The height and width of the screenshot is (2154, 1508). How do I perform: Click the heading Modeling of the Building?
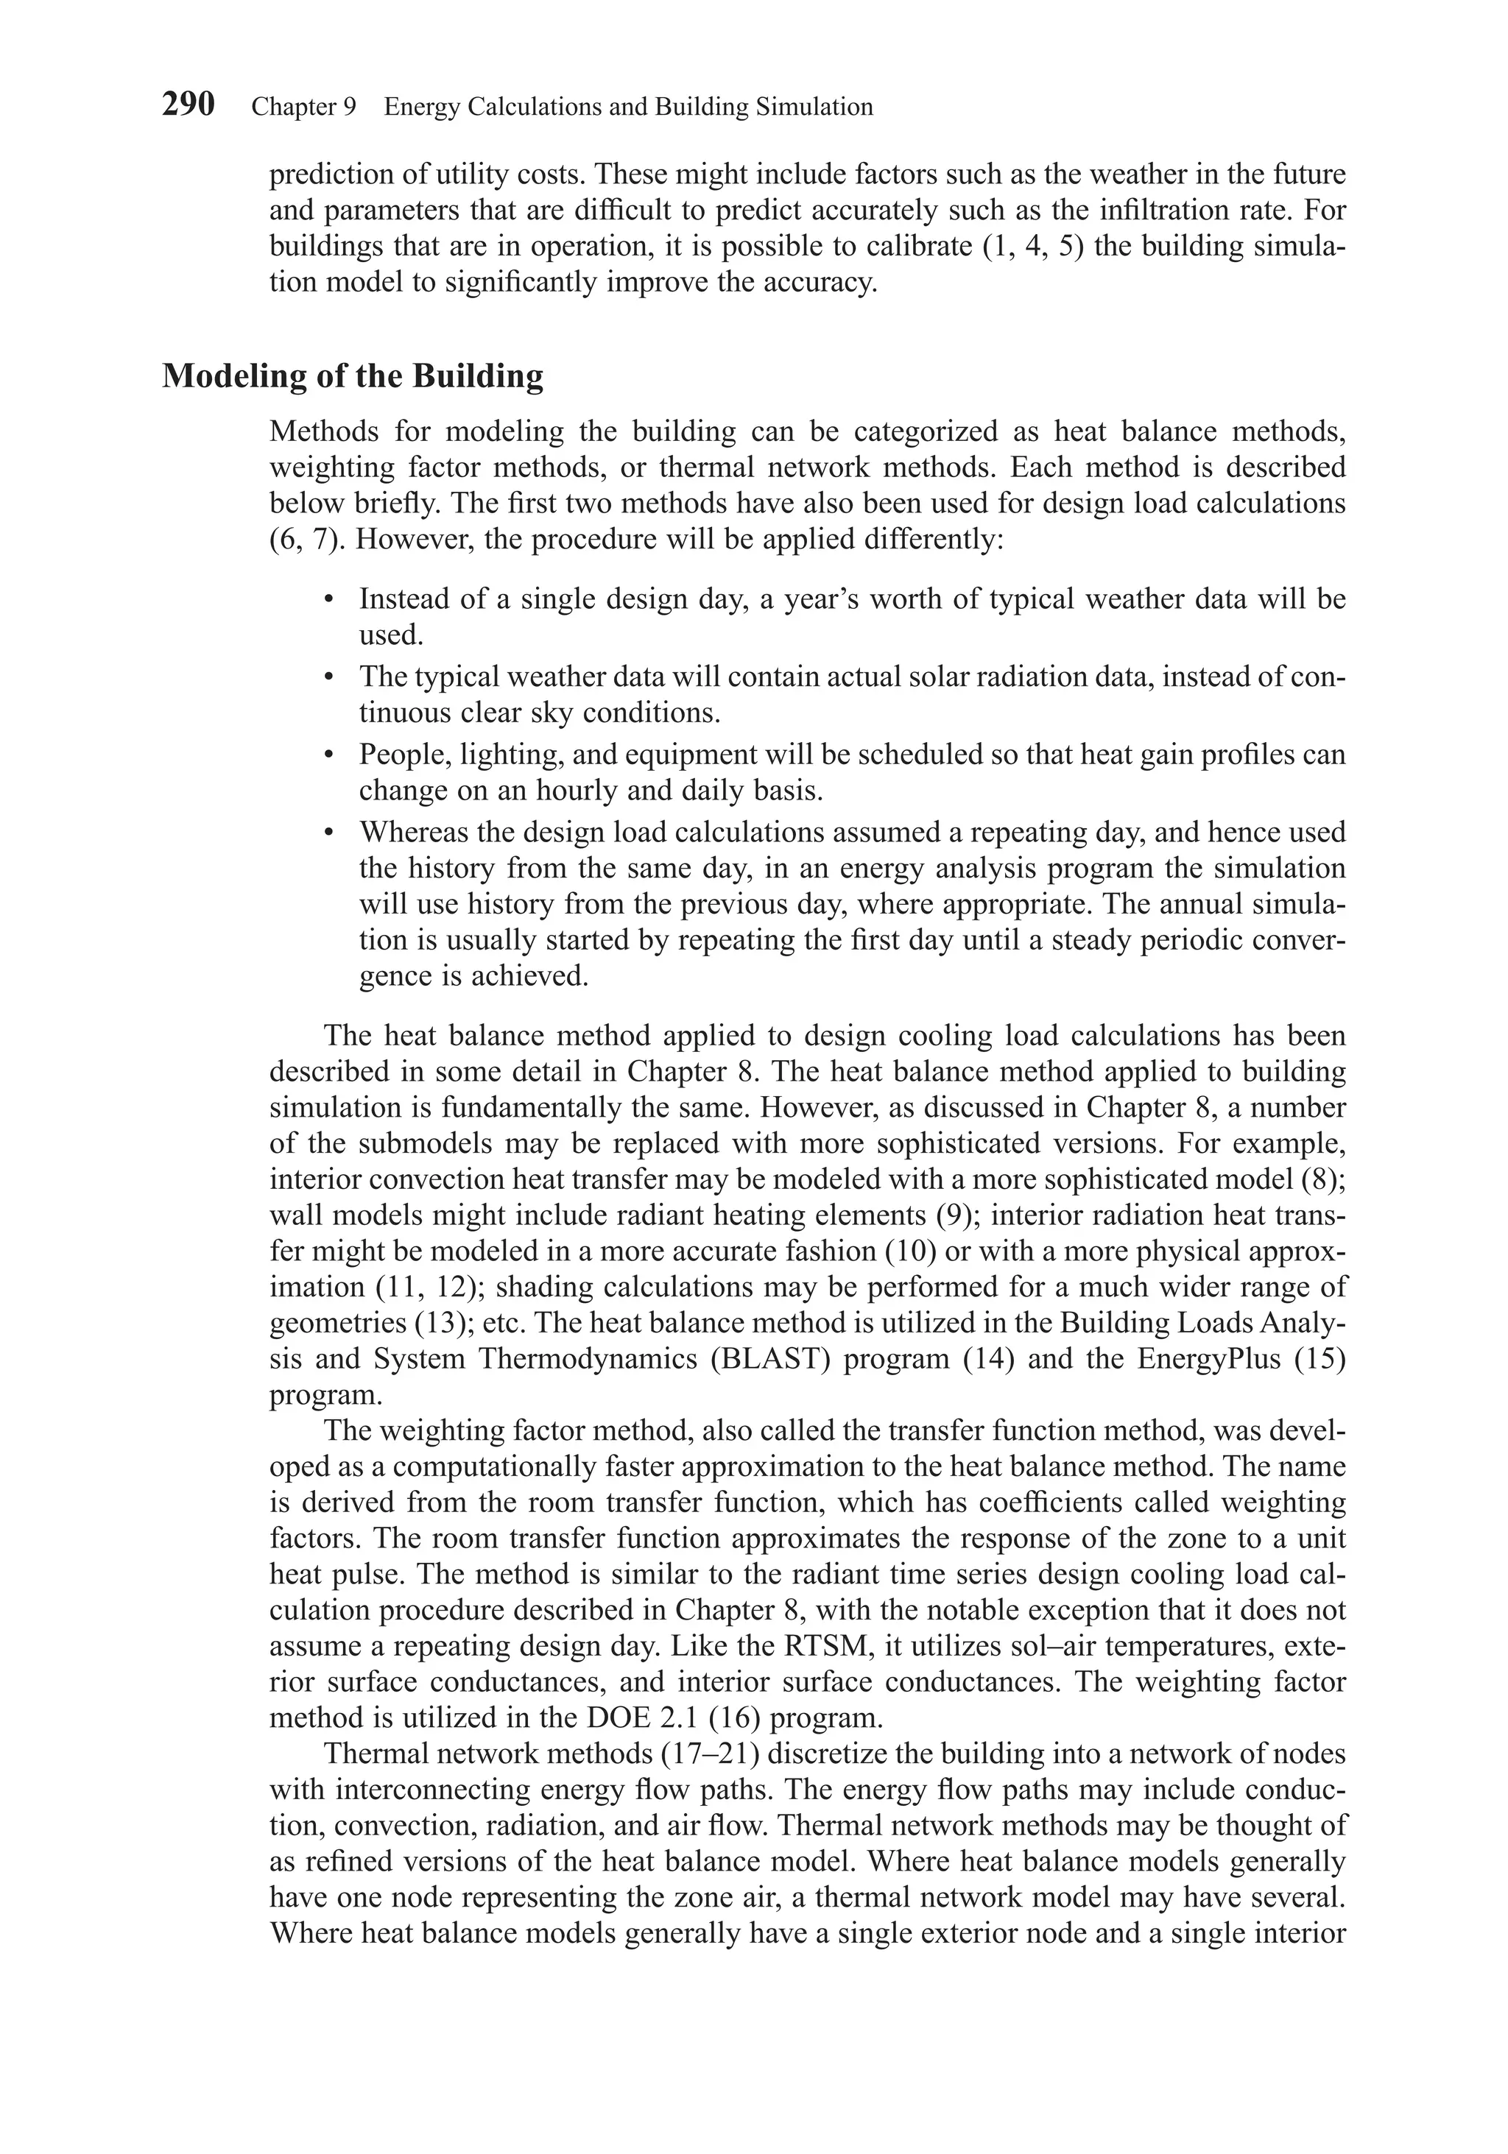[352, 376]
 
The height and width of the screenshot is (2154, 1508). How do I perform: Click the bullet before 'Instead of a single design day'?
[328, 599]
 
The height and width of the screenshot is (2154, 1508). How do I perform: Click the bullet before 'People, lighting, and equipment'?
[328, 755]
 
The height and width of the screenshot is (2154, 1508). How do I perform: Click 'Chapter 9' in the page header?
[304, 107]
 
